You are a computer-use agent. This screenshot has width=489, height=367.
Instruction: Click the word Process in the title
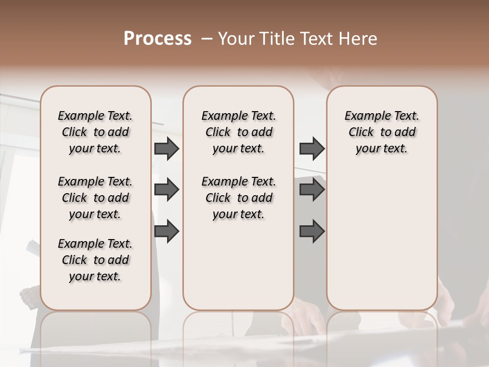click(157, 39)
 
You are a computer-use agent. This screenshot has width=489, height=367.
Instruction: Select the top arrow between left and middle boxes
click(167, 148)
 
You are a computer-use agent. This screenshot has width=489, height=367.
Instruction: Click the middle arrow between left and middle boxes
click(167, 190)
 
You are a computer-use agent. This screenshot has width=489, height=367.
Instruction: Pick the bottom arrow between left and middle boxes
click(167, 231)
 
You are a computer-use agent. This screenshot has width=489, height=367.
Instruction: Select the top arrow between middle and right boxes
click(312, 148)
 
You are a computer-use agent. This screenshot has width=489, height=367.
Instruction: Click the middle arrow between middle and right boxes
click(312, 190)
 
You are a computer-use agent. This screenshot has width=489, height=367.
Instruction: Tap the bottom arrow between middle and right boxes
click(312, 231)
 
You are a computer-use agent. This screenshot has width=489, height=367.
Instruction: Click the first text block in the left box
click(95, 132)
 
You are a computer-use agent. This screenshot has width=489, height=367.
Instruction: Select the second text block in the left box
click(95, 198)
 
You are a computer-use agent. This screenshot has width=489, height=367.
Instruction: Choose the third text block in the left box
click(95, 260)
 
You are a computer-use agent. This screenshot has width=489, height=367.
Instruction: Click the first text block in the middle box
click(238, 132)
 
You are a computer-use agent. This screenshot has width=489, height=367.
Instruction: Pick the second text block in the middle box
click(238, 198)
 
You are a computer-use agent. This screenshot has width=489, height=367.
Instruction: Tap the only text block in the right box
click(382, 132)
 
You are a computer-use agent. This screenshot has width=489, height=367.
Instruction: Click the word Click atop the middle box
click(218, 133)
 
